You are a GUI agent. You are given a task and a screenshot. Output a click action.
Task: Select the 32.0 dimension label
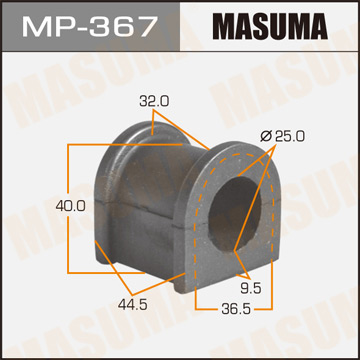pos(152,101)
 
